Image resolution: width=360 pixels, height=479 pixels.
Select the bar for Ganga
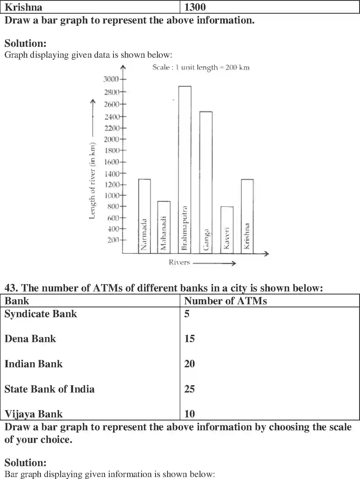click(206, 182)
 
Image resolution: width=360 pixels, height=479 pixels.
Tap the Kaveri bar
click(227, 230)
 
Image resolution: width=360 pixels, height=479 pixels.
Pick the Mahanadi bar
click(164, 227)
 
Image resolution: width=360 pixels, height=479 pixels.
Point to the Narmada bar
click(144, 216)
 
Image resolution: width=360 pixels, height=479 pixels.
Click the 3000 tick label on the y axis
click(111, 79)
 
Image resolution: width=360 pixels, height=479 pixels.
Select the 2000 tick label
click(111, 139)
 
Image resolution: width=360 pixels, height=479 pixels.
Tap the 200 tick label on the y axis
click(113, 240)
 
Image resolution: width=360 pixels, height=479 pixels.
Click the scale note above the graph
click(201, 67)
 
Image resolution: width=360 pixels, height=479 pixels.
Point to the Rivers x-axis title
click(179, 262)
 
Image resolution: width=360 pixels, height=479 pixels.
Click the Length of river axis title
click(92, 181)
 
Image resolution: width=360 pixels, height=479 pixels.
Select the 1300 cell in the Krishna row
click(195, 7)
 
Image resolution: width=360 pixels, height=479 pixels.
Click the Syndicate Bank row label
click(41, 314)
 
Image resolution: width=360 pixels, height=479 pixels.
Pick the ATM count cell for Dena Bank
click(190, 339)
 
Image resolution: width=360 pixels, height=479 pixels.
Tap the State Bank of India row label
click(50, 389)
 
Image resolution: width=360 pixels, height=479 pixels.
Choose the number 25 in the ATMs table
click(190, 389)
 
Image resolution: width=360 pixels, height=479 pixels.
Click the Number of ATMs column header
click(225, 301)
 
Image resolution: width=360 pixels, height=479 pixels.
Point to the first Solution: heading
click(25, 43)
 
